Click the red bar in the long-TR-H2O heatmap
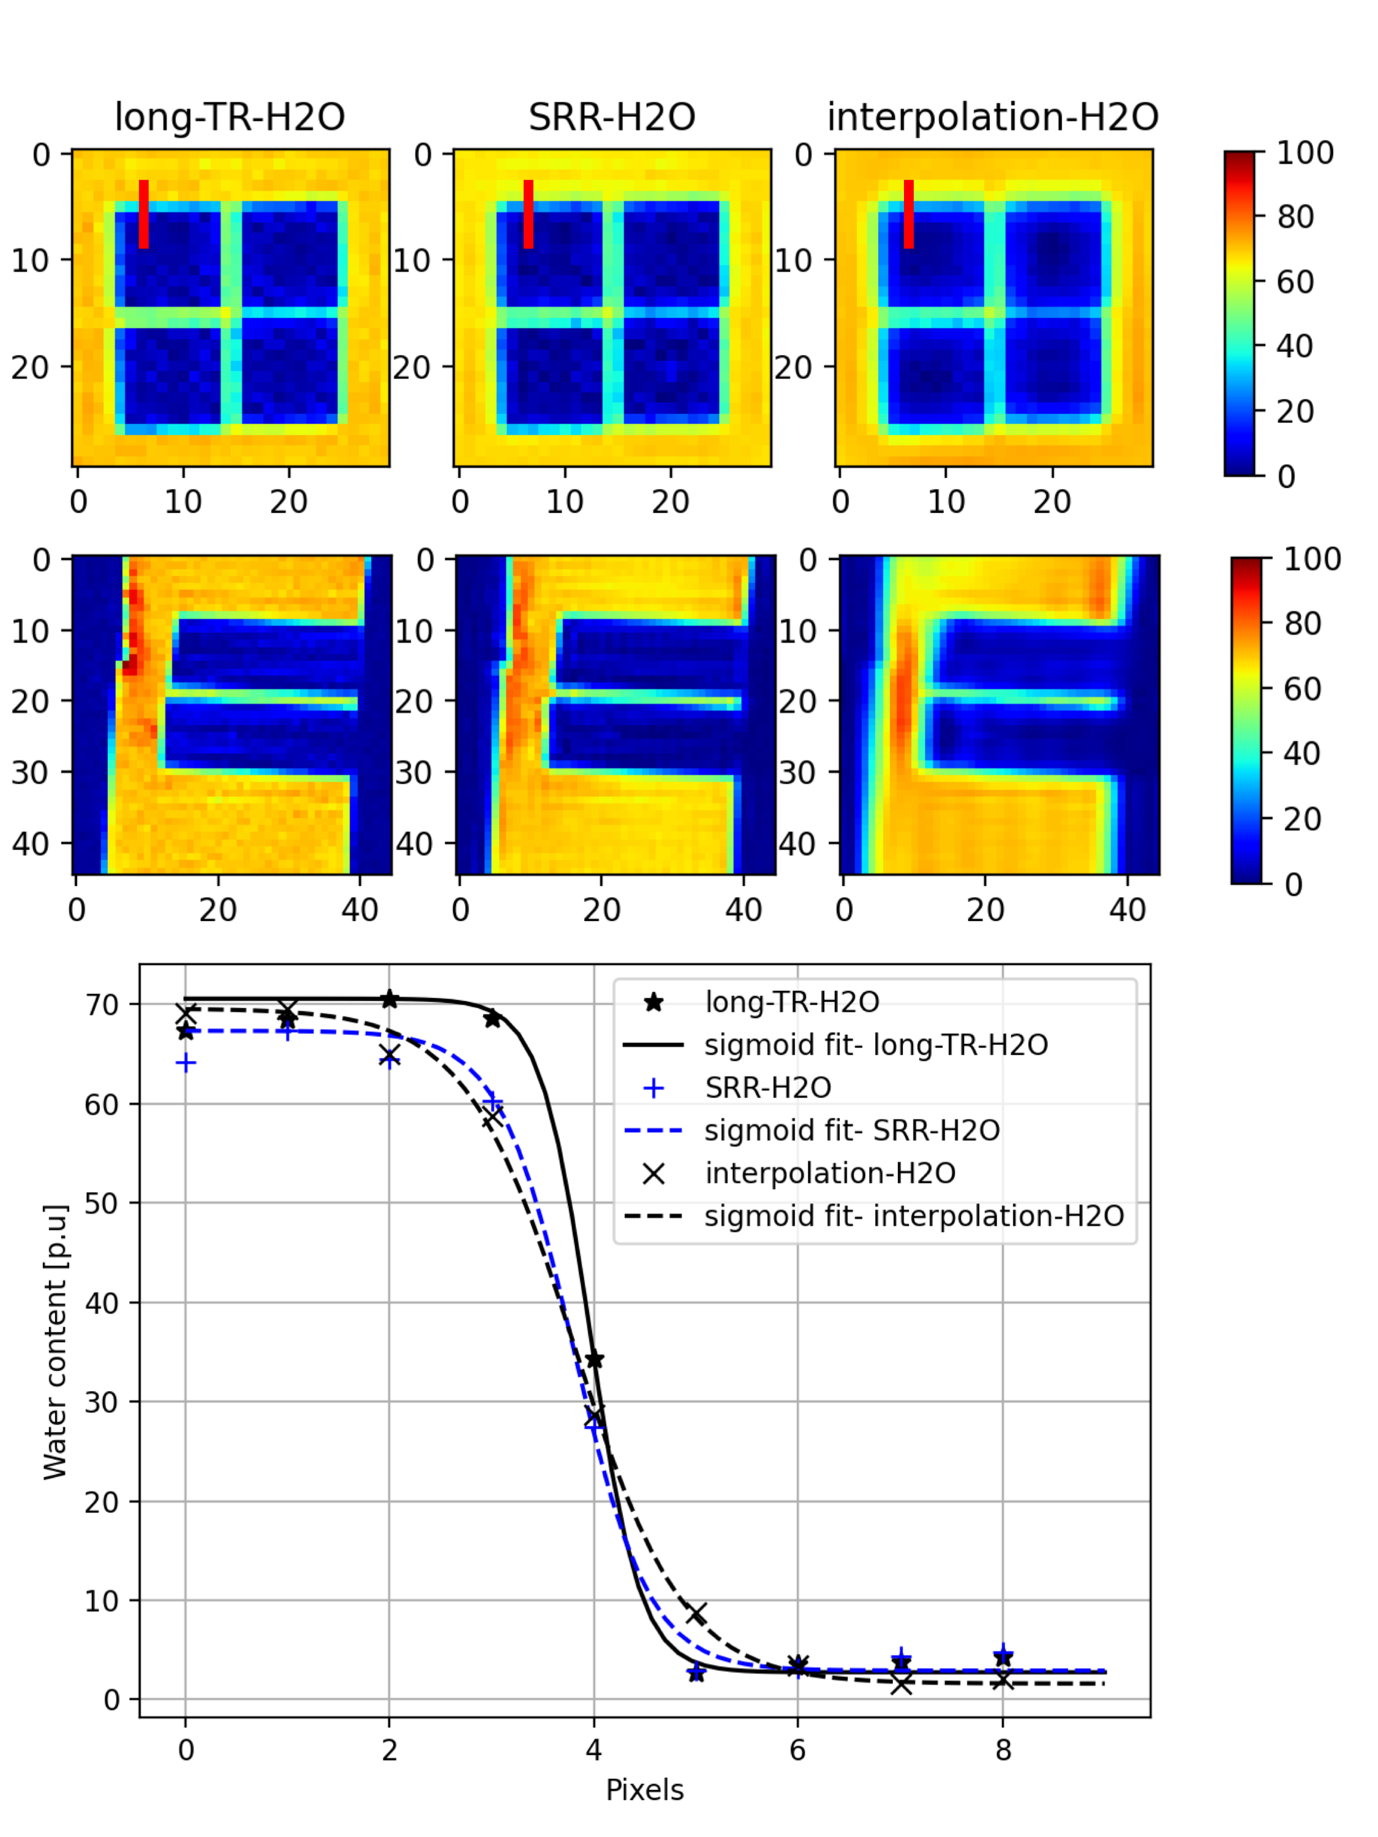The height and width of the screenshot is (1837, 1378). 144,214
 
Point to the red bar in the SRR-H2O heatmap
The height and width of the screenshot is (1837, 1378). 529,214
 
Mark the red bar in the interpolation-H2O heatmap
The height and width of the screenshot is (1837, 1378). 909,214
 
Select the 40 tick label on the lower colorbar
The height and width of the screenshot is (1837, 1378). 1303,753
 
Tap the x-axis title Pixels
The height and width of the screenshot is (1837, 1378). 644,1790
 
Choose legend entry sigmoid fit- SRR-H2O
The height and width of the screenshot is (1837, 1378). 851,1130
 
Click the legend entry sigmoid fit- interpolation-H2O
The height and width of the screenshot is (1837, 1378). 914,1216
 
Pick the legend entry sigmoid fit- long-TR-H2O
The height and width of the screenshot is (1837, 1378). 875,1045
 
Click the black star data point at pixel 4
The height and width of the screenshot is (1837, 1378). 595,1359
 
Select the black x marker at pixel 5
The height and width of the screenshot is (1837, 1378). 696,1613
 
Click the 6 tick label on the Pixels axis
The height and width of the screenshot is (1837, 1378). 797,1751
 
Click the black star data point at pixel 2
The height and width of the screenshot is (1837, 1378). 390,1000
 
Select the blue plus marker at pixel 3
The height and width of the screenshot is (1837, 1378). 492,1103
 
